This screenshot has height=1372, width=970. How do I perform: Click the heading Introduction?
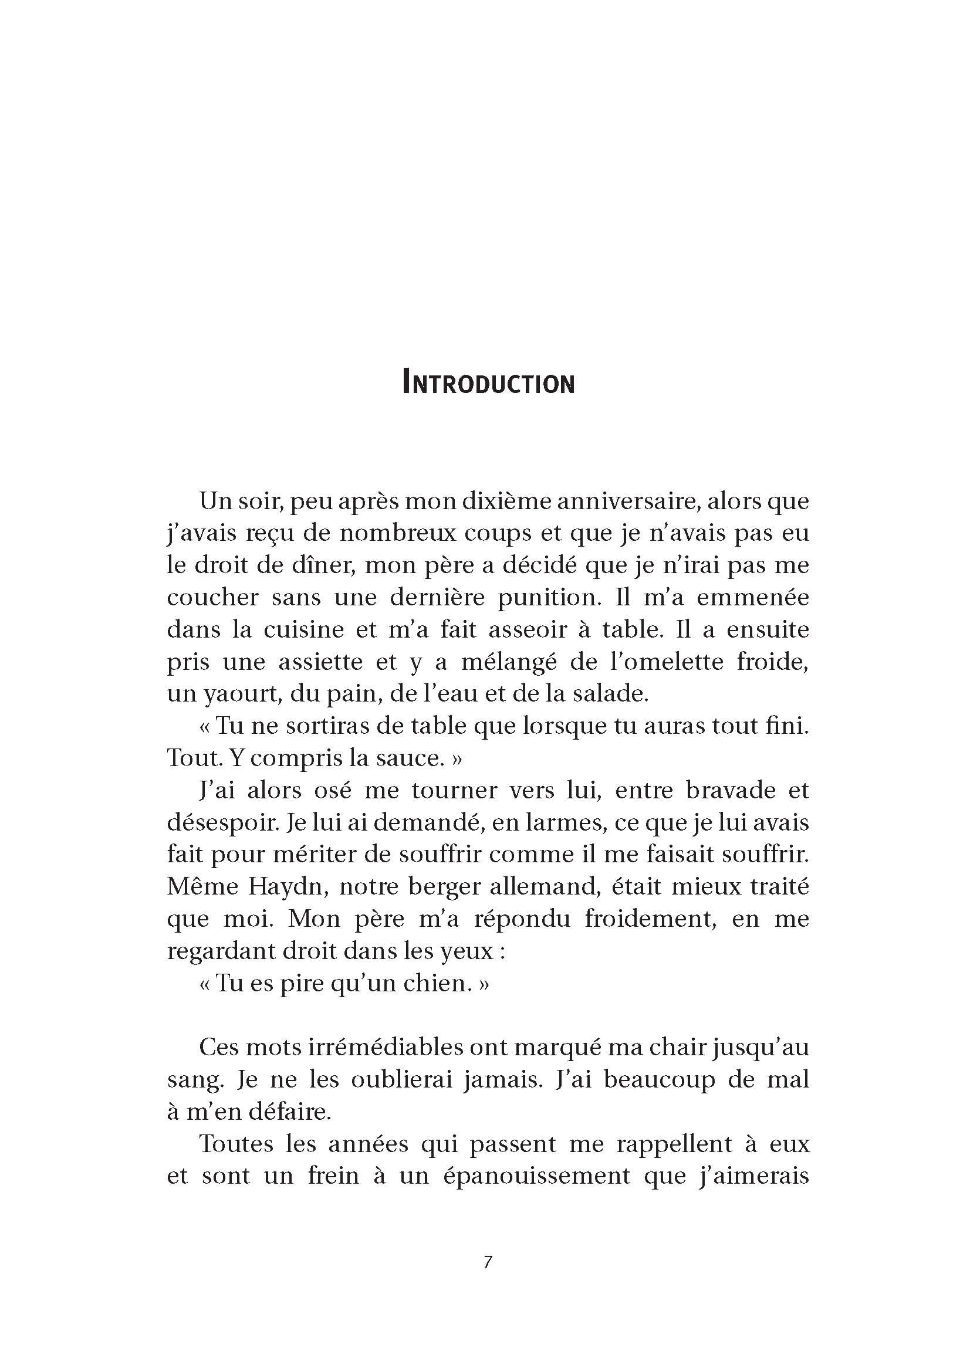[x=488, y=382]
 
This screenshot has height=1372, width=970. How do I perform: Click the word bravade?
[x=729, y=791]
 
